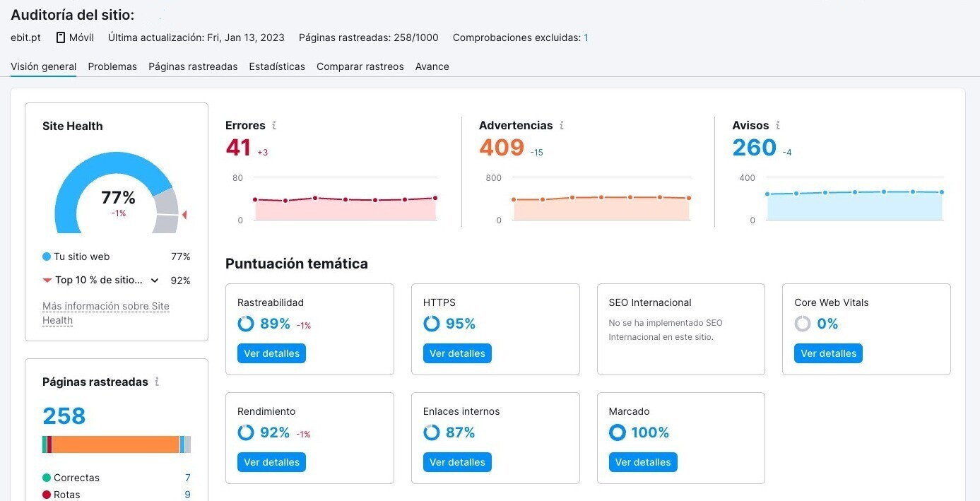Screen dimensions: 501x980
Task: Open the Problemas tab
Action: point(112,66)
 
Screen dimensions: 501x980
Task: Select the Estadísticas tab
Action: point(277,66)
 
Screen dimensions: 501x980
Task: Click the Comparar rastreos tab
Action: point(360,66)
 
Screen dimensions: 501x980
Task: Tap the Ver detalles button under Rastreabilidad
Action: point(271,353)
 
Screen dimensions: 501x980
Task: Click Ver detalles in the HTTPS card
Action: point(457,353)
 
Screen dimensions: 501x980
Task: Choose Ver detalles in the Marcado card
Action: point(643,462)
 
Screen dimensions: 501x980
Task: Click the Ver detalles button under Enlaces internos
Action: point(457,462)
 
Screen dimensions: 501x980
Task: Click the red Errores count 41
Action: point(238,148)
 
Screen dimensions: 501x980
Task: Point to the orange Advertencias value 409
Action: point(502,148)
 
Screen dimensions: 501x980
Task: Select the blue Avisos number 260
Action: point(755,148)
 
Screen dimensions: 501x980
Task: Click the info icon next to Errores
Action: point(274,126)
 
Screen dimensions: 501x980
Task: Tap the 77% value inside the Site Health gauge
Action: point(118,198)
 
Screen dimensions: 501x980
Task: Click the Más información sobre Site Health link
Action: point(106,313)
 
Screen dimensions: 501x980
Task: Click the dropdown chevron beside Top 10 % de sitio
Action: point(155,281)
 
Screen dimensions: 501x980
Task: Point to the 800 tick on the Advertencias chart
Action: point(493,178)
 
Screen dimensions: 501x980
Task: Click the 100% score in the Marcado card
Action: point(650,432)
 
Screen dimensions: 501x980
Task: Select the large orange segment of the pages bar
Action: point(116,444)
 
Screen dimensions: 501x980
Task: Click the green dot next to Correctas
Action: point(47,478)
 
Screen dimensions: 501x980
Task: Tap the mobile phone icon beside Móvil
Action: point(61,37)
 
